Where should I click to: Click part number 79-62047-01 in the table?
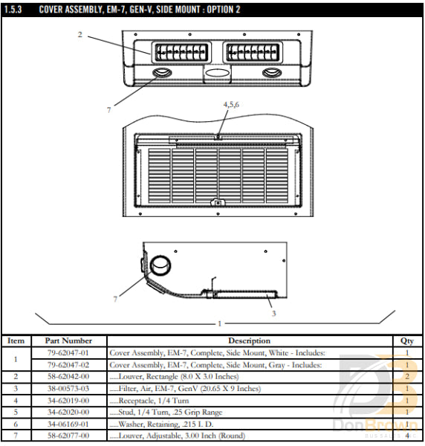68,353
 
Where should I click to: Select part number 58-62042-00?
68,377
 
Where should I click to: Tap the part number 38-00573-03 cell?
68,389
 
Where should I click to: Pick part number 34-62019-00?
68,401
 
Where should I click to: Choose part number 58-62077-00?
68,436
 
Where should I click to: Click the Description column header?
249,341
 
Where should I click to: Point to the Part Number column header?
68,341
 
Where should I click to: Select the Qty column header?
406,341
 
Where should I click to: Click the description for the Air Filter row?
186,389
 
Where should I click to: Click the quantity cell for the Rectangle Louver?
406,377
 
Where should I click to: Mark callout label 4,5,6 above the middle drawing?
231,105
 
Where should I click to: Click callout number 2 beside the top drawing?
80,34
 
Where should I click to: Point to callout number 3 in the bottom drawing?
273,314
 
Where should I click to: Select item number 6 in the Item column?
16,424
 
